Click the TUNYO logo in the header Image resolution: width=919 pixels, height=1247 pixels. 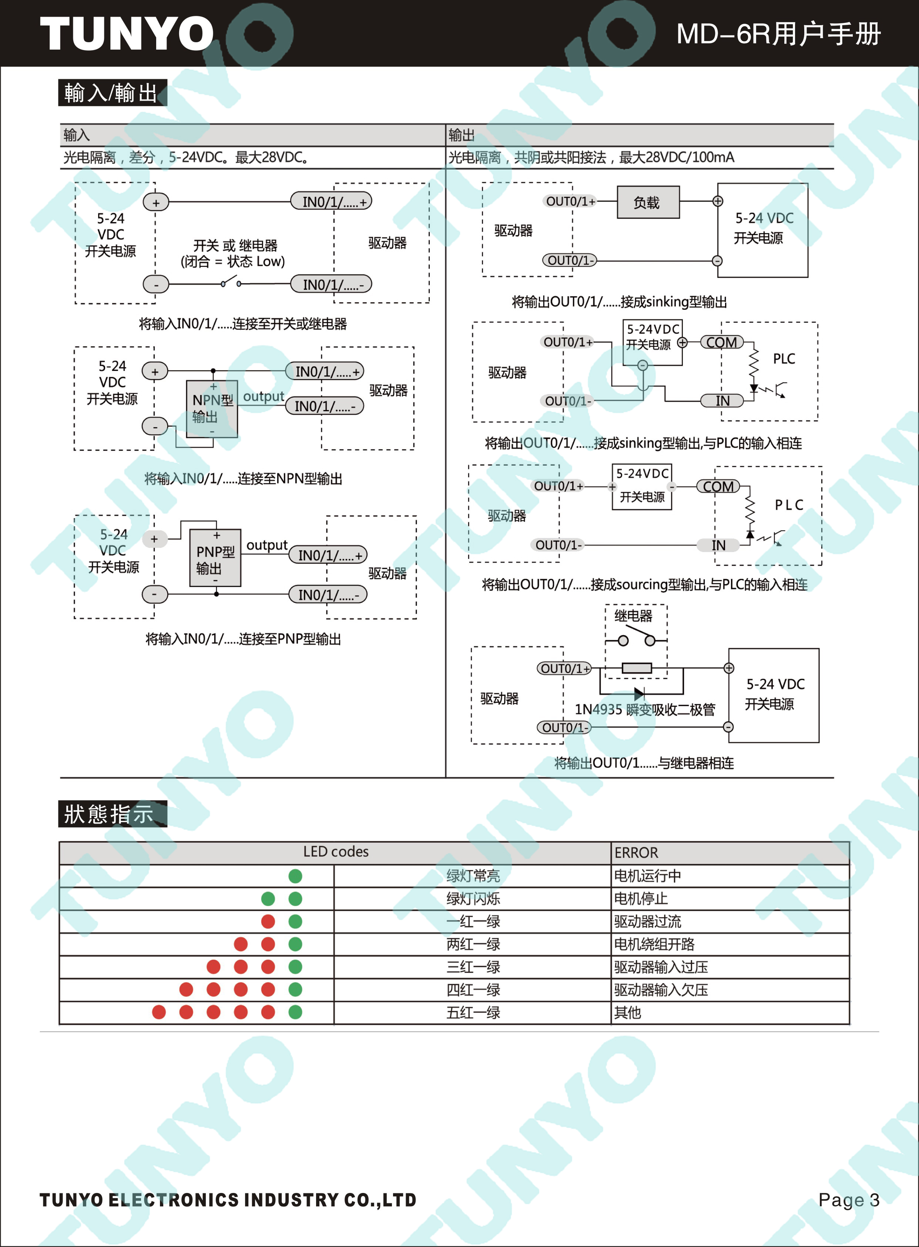click(x=127, y=33)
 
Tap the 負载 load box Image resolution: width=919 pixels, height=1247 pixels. click(x=648, y=202)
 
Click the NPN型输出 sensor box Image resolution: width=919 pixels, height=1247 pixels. click(x=212, y=409)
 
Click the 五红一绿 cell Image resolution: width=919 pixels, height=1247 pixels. click(x=473, y=1012)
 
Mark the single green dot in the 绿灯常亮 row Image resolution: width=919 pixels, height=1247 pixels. click(x=295, y=876)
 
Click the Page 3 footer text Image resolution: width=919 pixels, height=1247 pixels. click(x=849, y=1200)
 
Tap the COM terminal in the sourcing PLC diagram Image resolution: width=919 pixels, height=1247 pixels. click(x=718, y=487)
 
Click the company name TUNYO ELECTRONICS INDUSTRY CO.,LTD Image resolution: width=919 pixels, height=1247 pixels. click(x=228, y=1200)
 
